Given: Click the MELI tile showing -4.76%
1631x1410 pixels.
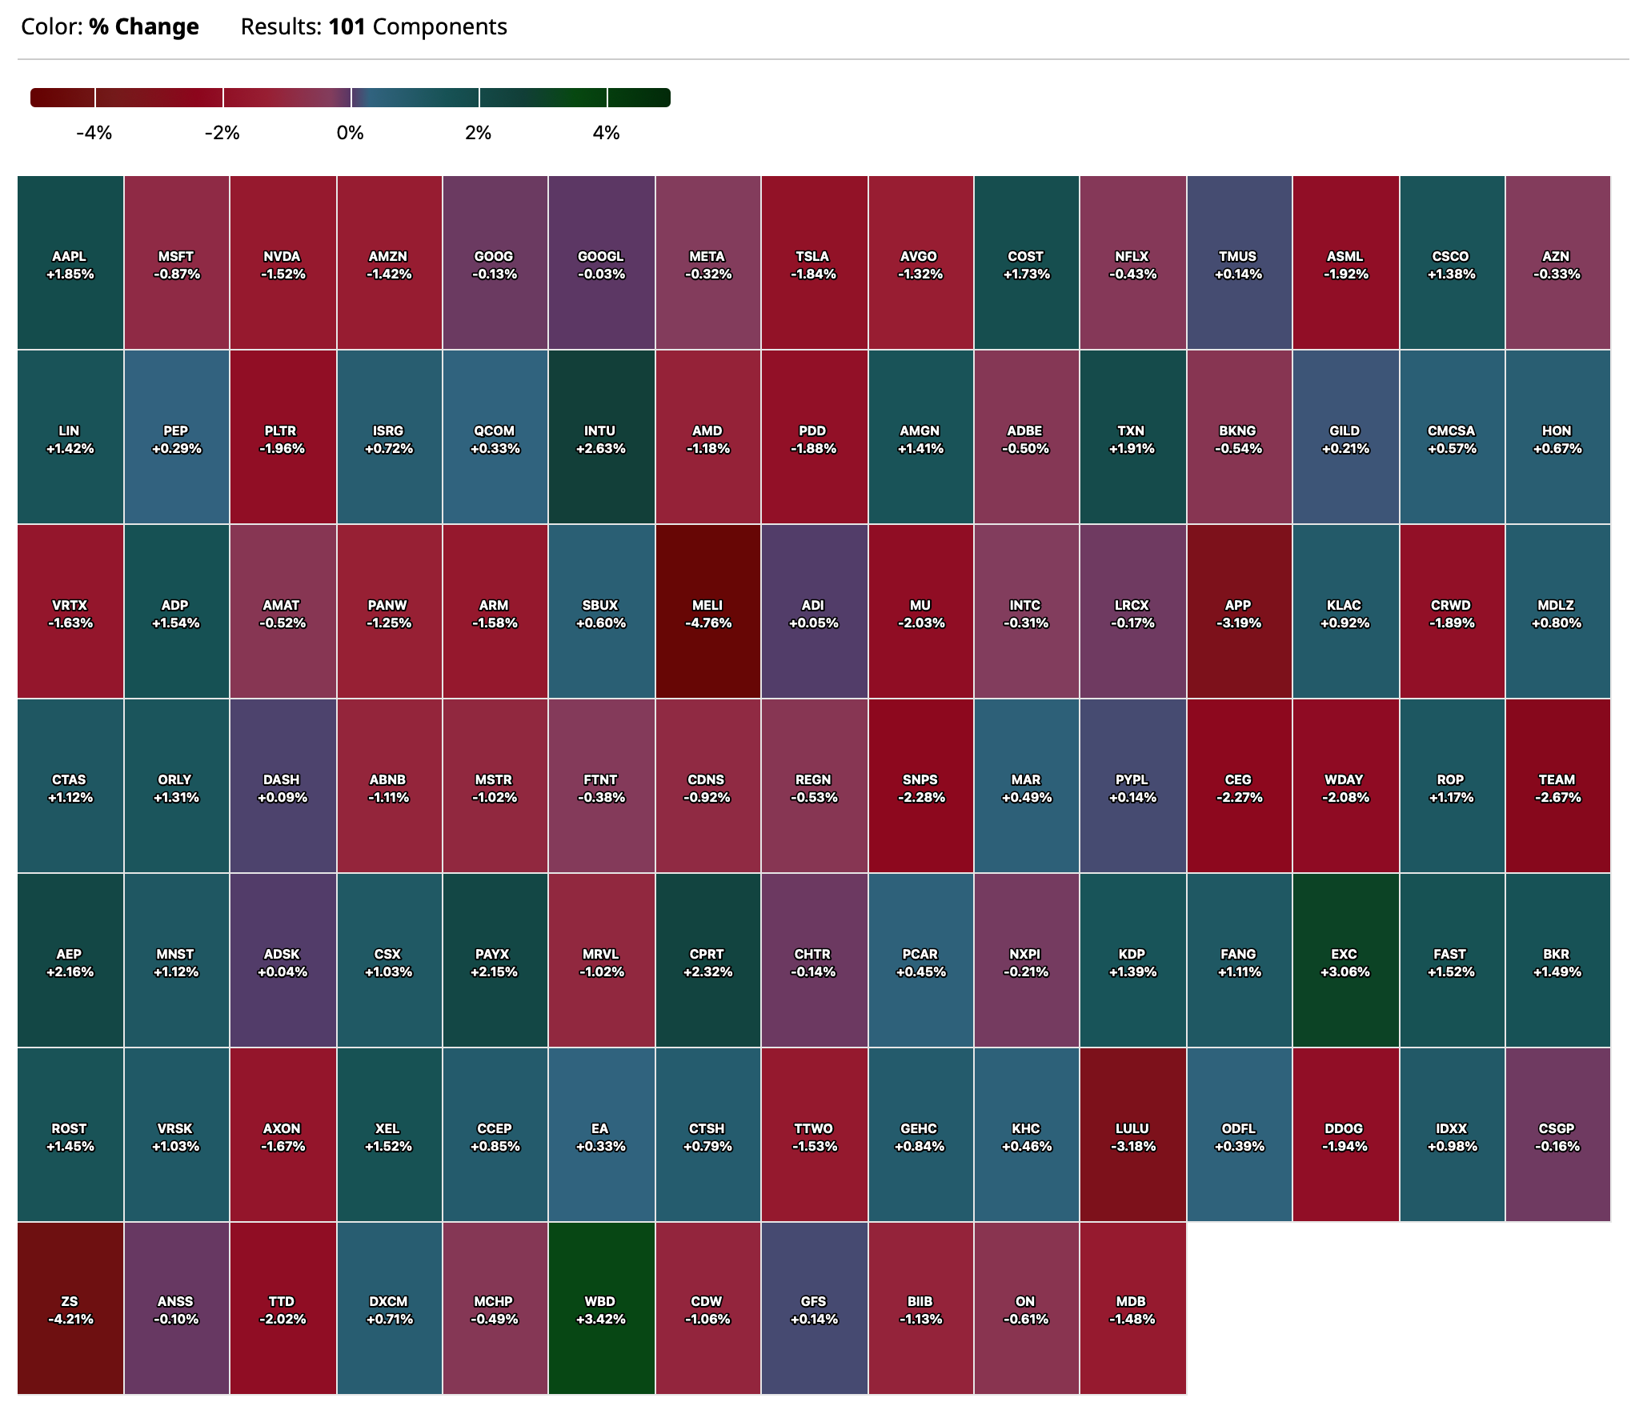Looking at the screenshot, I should [707, 611].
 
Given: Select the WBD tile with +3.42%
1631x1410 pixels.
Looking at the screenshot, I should [601, 1309].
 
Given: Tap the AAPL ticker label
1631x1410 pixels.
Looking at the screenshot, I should [69, 256].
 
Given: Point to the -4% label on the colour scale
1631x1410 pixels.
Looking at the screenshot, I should [94, 133].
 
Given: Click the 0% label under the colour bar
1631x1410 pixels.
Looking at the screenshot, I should [351, 133].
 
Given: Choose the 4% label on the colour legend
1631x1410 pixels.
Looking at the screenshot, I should [606, 133].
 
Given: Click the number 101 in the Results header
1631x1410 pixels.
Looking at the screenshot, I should [347, 27].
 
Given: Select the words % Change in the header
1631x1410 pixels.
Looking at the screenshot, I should [144, 27].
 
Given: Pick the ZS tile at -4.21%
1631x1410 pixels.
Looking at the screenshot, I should [70, 1309].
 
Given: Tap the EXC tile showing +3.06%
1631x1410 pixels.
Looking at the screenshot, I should [1344, 960].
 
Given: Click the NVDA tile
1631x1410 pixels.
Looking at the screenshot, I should [283, 263].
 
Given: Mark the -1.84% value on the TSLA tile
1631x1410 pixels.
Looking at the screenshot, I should [813, 274].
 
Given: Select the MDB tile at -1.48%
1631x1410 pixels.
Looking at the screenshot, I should [1132, 1309].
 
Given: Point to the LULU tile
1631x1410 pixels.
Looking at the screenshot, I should [1132, 1135].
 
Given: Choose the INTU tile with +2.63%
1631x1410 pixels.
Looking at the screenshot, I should [601, 437].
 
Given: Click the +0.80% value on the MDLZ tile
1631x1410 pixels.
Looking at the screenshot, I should [1557, 623].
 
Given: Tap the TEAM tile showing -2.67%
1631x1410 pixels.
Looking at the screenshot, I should [1557, 786].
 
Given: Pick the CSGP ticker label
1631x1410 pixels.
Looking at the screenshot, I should [1557, 1128].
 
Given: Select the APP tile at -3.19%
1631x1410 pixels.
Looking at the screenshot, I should [1238, 611].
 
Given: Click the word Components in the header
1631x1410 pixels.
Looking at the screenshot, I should [439, 27].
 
